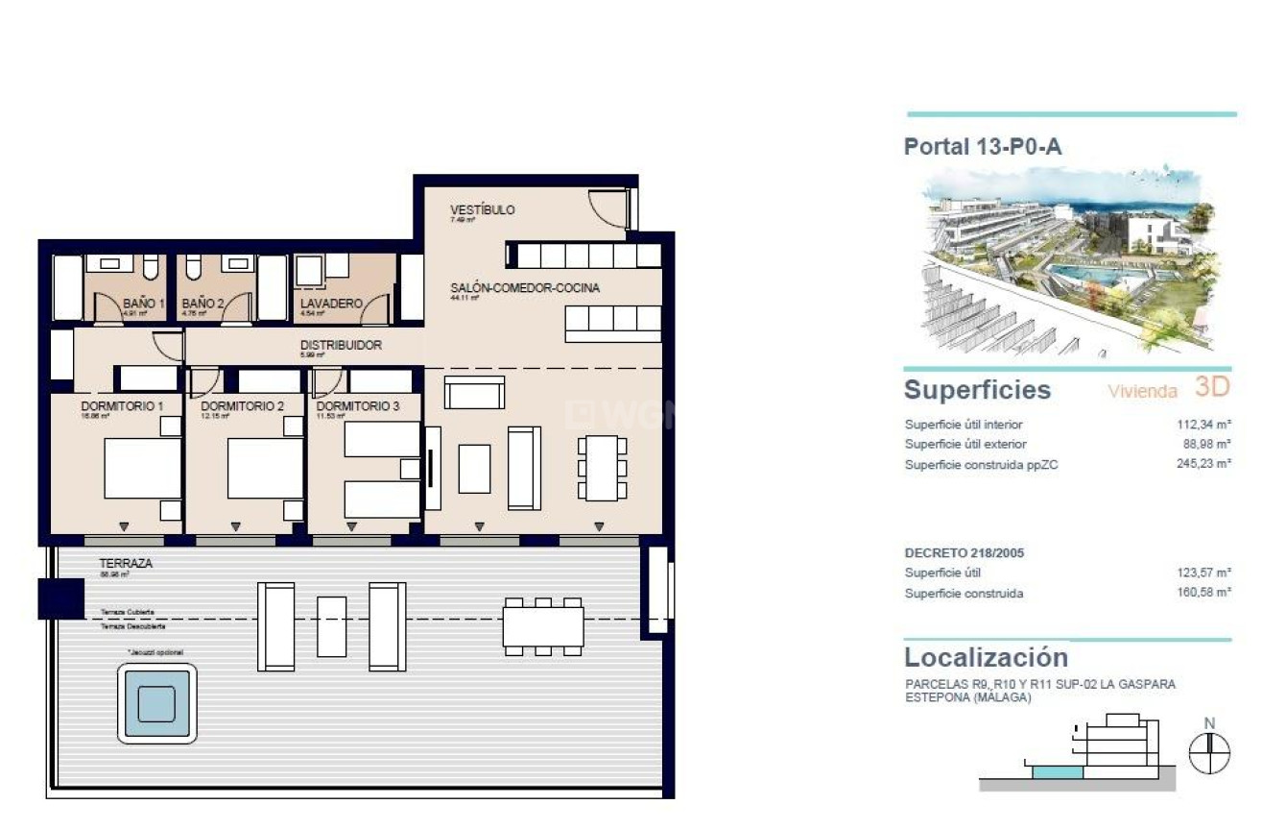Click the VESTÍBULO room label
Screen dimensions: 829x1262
[x=483, y=209]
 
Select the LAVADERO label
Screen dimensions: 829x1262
[x=330, y=303]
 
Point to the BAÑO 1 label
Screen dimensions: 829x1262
[x=143, y=303]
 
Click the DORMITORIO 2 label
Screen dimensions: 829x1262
[x=242, y=406]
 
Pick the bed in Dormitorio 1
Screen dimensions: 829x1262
[x=142, y=468]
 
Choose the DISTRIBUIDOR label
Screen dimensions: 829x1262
[x=341, y=345]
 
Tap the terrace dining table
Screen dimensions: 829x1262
[x=543, y=626]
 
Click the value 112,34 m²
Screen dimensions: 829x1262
[x=1203, y=425]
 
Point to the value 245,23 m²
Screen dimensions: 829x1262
[x=1203, y=465]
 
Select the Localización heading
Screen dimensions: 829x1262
[x=986, y=658]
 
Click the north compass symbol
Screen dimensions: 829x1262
[x=1209, y=752]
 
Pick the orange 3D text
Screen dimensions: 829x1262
[x=1212, y=387]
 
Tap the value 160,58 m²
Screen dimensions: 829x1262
[x=1203, y=594]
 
